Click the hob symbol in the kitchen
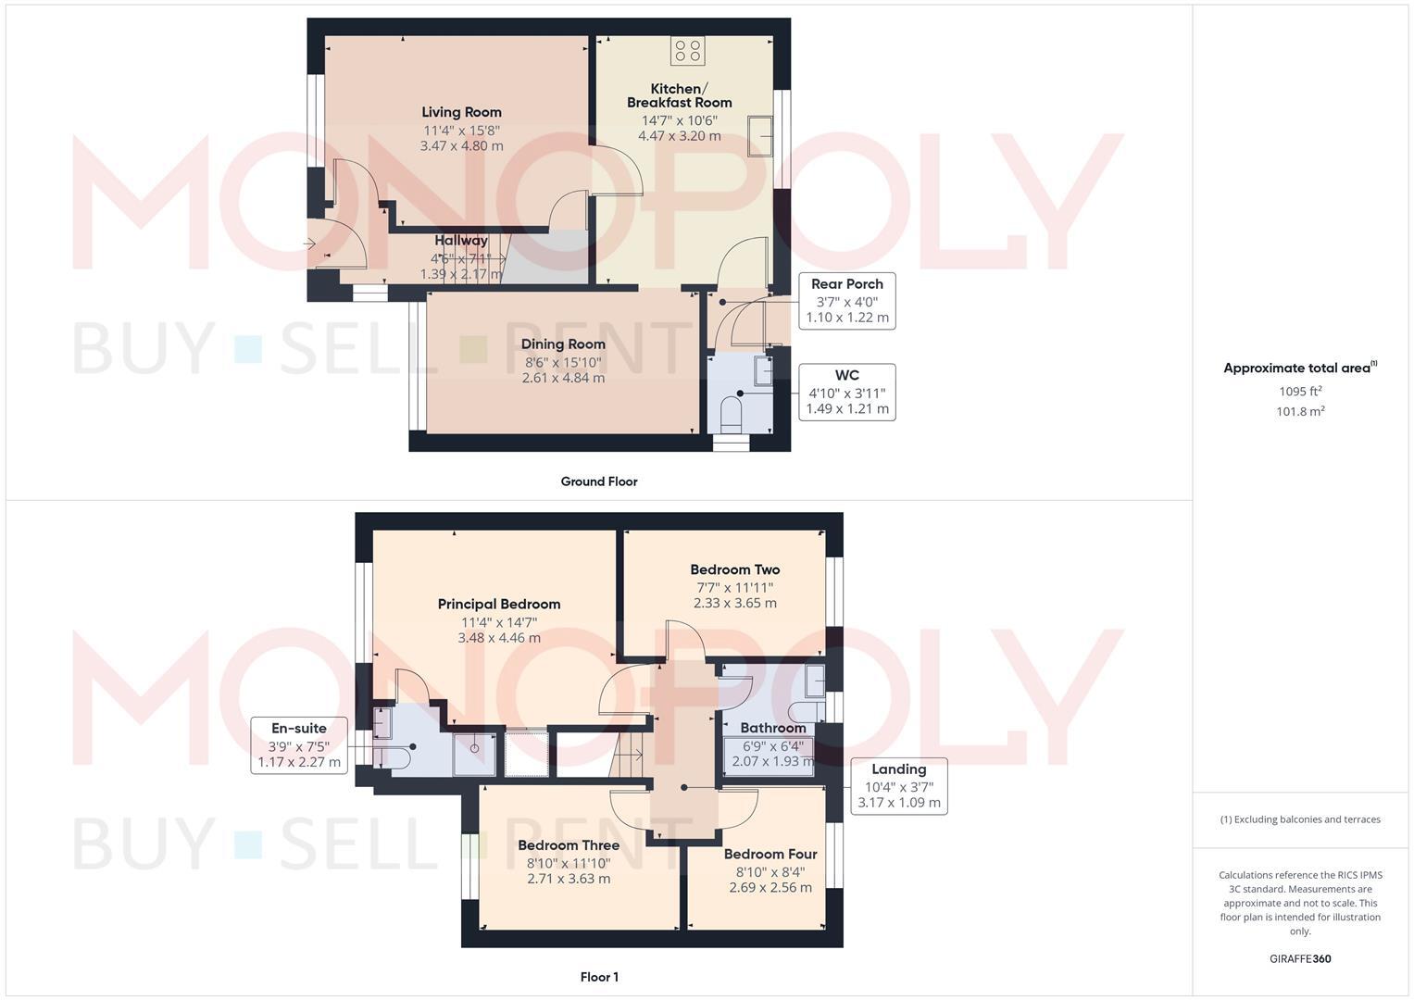point(687,50)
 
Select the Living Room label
point(461,112)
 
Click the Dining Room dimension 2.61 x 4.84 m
point(563,378)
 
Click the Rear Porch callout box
point(846,300)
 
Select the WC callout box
point(846,392)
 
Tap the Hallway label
point(460,241)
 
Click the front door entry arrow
point(308,244)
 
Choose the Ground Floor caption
point(598,481)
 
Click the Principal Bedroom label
point(498,605)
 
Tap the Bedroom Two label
point(734,570)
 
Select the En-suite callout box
point(298,745)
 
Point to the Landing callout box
point(898,786)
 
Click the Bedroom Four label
point(770,855)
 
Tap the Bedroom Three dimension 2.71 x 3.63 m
point(568,879)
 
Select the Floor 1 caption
point(598,977)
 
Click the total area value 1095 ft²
point(1300,391)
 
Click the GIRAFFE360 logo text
point(1299,959)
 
